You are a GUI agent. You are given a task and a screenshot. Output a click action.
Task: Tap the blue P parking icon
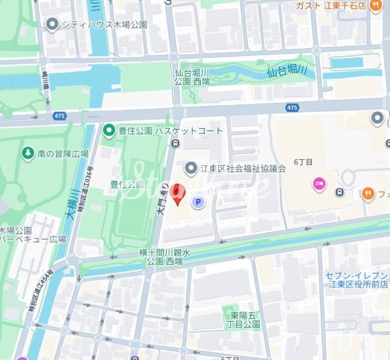tap(198, 202)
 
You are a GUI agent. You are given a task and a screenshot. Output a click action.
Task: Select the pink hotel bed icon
tap(319, 185)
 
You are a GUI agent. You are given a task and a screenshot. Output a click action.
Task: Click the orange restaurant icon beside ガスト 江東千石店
tap(376, 6)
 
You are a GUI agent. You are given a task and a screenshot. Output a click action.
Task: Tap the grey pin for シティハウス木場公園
tap(52, 24)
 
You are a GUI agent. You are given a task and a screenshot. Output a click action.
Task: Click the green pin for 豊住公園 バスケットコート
tap(109, 131)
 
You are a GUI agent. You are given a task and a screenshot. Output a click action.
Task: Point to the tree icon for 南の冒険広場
tap(28, 154)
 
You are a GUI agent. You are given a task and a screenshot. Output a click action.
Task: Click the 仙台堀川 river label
tap(287, 72)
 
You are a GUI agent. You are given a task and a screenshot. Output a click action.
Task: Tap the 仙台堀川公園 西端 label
tap(193, 77)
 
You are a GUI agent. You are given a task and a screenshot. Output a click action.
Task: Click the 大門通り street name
tap(162, 198)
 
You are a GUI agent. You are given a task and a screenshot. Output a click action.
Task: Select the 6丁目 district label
tap(303, 162)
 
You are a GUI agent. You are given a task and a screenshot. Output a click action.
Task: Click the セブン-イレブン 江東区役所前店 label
tap(357, 279)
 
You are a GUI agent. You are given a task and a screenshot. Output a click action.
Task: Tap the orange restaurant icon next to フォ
tap(367, 194)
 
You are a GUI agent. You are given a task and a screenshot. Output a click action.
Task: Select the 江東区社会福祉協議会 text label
tap(243, 169)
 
